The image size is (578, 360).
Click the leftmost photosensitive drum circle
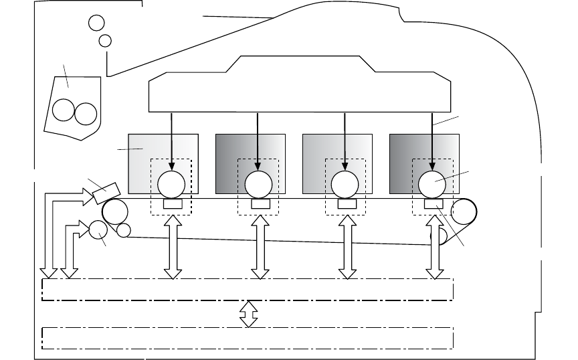click(171, 183)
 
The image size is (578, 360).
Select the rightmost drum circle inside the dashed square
click(431, 183)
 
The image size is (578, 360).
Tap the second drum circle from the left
click(258, 183)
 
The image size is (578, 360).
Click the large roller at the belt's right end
click(464, 212)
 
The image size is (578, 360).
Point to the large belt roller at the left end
click(115, 212)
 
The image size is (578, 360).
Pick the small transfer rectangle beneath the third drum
click(345, 203)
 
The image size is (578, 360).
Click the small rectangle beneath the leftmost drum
click(171, 203)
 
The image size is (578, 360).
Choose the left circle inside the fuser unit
click(64, 111)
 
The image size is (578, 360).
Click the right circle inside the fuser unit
click(86, 112)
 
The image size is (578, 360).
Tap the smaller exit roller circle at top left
click(105, 41)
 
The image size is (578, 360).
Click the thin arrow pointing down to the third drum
click(345, 141)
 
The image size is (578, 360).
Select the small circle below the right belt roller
click(440, 236)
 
